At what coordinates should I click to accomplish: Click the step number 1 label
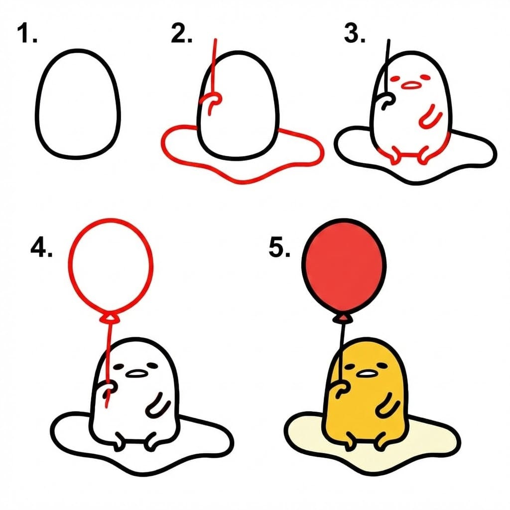27,34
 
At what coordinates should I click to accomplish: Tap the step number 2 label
181,34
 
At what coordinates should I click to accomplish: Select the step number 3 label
355,34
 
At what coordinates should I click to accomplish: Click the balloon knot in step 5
343,318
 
